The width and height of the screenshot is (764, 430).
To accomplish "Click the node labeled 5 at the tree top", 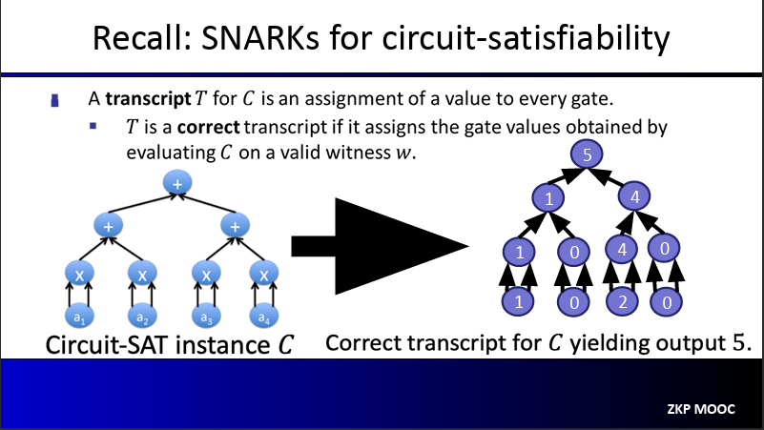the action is [x=587, y=154].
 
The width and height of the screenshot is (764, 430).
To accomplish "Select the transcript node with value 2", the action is [x=622, y=301].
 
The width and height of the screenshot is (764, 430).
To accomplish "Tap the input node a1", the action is [x=79, y=317].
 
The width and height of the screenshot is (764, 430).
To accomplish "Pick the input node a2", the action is [x=142, y=317].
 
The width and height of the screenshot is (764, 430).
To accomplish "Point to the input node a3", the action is [x=206, y=317].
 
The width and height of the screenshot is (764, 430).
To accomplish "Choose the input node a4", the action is [x=263, y=317].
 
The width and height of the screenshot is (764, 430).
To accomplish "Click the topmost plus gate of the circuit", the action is [x=177, y=183].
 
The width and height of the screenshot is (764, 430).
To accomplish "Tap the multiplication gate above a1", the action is [x=79, y=275].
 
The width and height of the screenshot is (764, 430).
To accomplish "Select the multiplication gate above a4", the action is [x=263, y=275].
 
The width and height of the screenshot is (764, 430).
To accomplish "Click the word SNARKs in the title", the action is [x=259, y=38].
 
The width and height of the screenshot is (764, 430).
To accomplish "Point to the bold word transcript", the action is [x=148, y=99].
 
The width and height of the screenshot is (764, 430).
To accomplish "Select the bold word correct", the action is [x=209, y=127].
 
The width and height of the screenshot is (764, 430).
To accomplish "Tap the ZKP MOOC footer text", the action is [x=701, y=409].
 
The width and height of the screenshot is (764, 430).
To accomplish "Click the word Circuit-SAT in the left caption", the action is [x=107, y=345].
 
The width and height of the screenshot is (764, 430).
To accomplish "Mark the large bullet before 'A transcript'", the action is [x=55, y=100].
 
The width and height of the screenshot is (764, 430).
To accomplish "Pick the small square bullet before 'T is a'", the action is [x=93, y=126].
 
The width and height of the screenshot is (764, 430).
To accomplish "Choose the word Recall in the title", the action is [x=140, y=38].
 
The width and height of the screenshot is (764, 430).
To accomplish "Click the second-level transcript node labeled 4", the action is [x=634, y=196].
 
